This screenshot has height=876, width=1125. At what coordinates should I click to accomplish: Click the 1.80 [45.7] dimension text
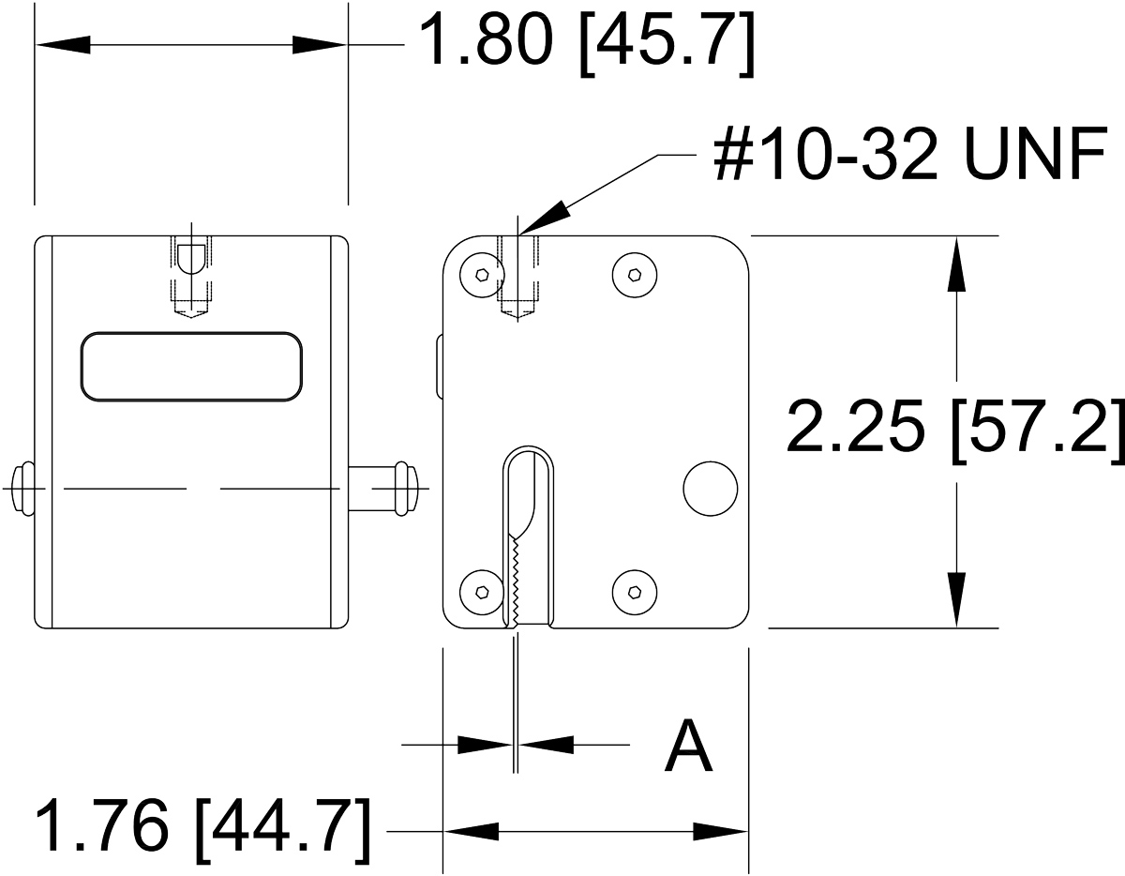click(587, 45)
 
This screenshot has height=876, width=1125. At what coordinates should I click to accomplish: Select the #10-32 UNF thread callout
click(910, 154)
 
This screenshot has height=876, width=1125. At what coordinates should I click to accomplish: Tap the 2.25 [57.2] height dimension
click(955, 431)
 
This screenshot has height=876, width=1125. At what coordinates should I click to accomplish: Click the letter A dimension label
click(688, 745)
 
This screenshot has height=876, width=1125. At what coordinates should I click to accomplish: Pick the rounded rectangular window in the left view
click(191, 367)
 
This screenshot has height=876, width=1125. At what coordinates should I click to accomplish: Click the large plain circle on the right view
click(711, 489)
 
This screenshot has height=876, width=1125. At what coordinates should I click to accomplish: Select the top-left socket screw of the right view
click(483, 275)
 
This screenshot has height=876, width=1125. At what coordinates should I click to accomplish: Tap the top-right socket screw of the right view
click(635, 275)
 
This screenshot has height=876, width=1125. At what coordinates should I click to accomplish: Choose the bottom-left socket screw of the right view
click(482, 592)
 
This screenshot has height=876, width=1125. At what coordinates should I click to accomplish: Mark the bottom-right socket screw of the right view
click(635, 592)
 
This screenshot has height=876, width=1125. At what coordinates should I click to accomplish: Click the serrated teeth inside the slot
click(515, 579)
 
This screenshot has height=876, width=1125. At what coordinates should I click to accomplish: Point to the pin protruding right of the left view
click(383, 489)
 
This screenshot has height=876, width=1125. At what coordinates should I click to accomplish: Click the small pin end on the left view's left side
click(22, 489)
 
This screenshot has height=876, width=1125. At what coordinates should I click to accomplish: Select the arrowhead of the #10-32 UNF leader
click(544, 218)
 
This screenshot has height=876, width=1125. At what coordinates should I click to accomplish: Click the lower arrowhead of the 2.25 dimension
click(956, 600)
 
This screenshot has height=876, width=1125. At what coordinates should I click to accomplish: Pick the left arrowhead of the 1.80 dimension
click(63, 45)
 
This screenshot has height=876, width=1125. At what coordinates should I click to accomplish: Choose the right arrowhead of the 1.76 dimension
click(721, 832)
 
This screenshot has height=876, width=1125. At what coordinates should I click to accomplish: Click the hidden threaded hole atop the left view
click(191, 276)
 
